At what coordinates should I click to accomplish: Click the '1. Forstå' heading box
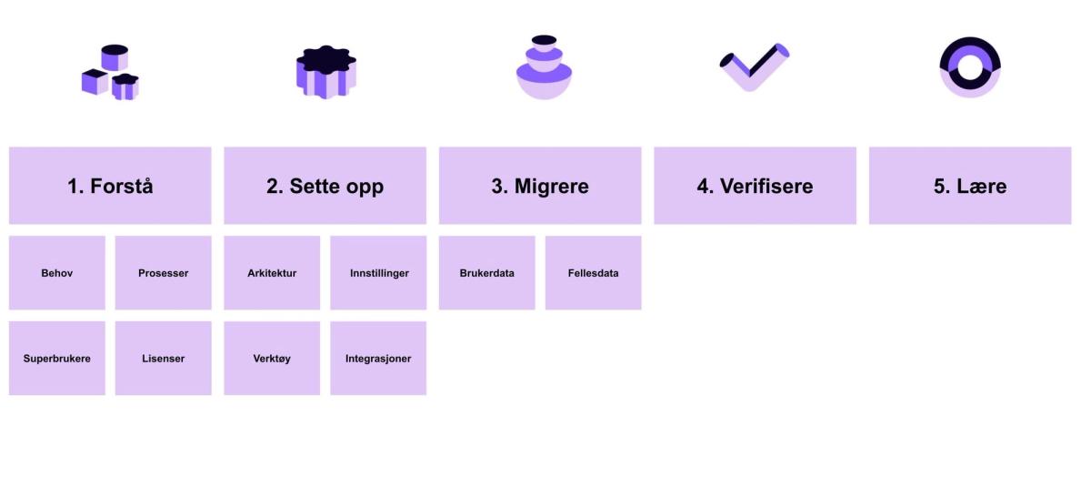110,186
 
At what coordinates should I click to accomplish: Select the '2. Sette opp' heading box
325,186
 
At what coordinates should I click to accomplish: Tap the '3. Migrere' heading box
540,186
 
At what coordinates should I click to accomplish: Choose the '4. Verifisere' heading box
755,186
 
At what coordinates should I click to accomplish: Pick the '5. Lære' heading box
970,186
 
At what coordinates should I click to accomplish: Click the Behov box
57,273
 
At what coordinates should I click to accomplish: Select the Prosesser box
164,273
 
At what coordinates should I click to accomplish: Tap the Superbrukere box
57,359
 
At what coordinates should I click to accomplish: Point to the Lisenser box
164,359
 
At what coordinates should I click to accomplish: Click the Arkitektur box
272,273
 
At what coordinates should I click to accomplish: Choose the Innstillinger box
378,273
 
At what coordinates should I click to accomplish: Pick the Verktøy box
272,359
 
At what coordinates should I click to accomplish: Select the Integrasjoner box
378,359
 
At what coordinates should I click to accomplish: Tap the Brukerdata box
487,273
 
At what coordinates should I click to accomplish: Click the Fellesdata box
593,273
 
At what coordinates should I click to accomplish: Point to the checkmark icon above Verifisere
754,66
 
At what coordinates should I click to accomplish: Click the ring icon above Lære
970,66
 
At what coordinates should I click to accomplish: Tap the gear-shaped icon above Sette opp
325,71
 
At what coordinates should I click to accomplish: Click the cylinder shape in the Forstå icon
115,56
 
